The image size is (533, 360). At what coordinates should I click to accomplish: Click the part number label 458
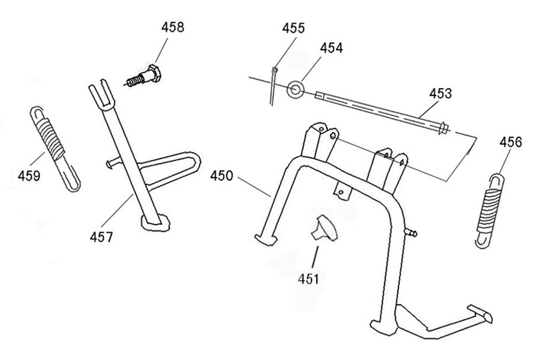pos(172,27)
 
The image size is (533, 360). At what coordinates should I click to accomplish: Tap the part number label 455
pos(293,28)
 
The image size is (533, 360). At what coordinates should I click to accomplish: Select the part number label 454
pos(331,48)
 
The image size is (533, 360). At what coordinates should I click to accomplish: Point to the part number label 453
pos(441,94)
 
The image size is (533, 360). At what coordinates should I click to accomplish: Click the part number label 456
pos(510,142)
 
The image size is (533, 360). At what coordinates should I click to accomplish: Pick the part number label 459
pos(29,176)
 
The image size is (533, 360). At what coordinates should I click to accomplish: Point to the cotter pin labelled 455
pos(273,83)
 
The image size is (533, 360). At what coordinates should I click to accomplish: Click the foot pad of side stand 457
pos(155,223)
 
